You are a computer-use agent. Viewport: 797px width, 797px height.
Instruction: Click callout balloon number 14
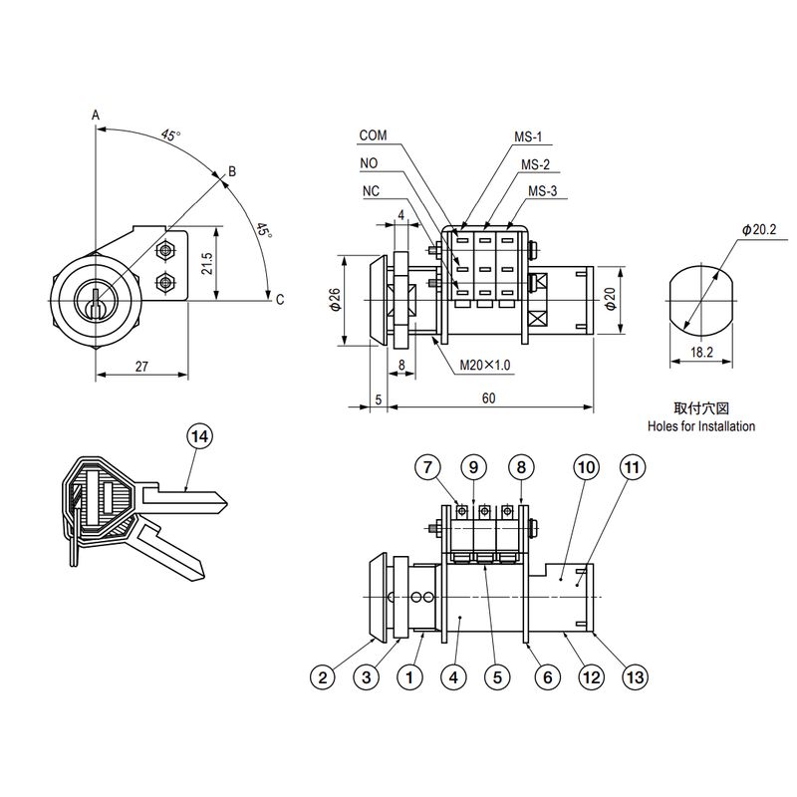pyautogui.click(x=200, y=437)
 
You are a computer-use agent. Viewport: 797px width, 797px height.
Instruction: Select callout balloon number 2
pyautogui.click(x=322, y=677)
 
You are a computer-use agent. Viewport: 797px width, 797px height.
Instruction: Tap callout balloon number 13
pyautogui.click(x=635, y=677)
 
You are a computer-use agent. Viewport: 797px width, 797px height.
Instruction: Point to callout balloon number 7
pyautogui.click(x=428, y=466)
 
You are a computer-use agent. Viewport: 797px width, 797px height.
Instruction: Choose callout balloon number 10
pyautogui.click(x=586, y=466)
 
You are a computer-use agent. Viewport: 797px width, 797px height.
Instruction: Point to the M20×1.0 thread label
pyautogui.click(x=485, y=365)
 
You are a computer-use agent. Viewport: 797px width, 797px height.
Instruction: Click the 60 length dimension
pyautogui.click(x=487, y=398)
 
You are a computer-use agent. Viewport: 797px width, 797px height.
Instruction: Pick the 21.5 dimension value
pyautogui.click(x=206, y=263)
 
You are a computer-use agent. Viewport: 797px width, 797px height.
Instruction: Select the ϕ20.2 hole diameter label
pyautogui.click(x=758, y=229)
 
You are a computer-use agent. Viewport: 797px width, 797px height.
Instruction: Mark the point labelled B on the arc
pyautogui.click(x=232, y=171)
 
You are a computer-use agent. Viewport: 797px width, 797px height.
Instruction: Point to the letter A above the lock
pyautogui.click(x=96, y=116)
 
